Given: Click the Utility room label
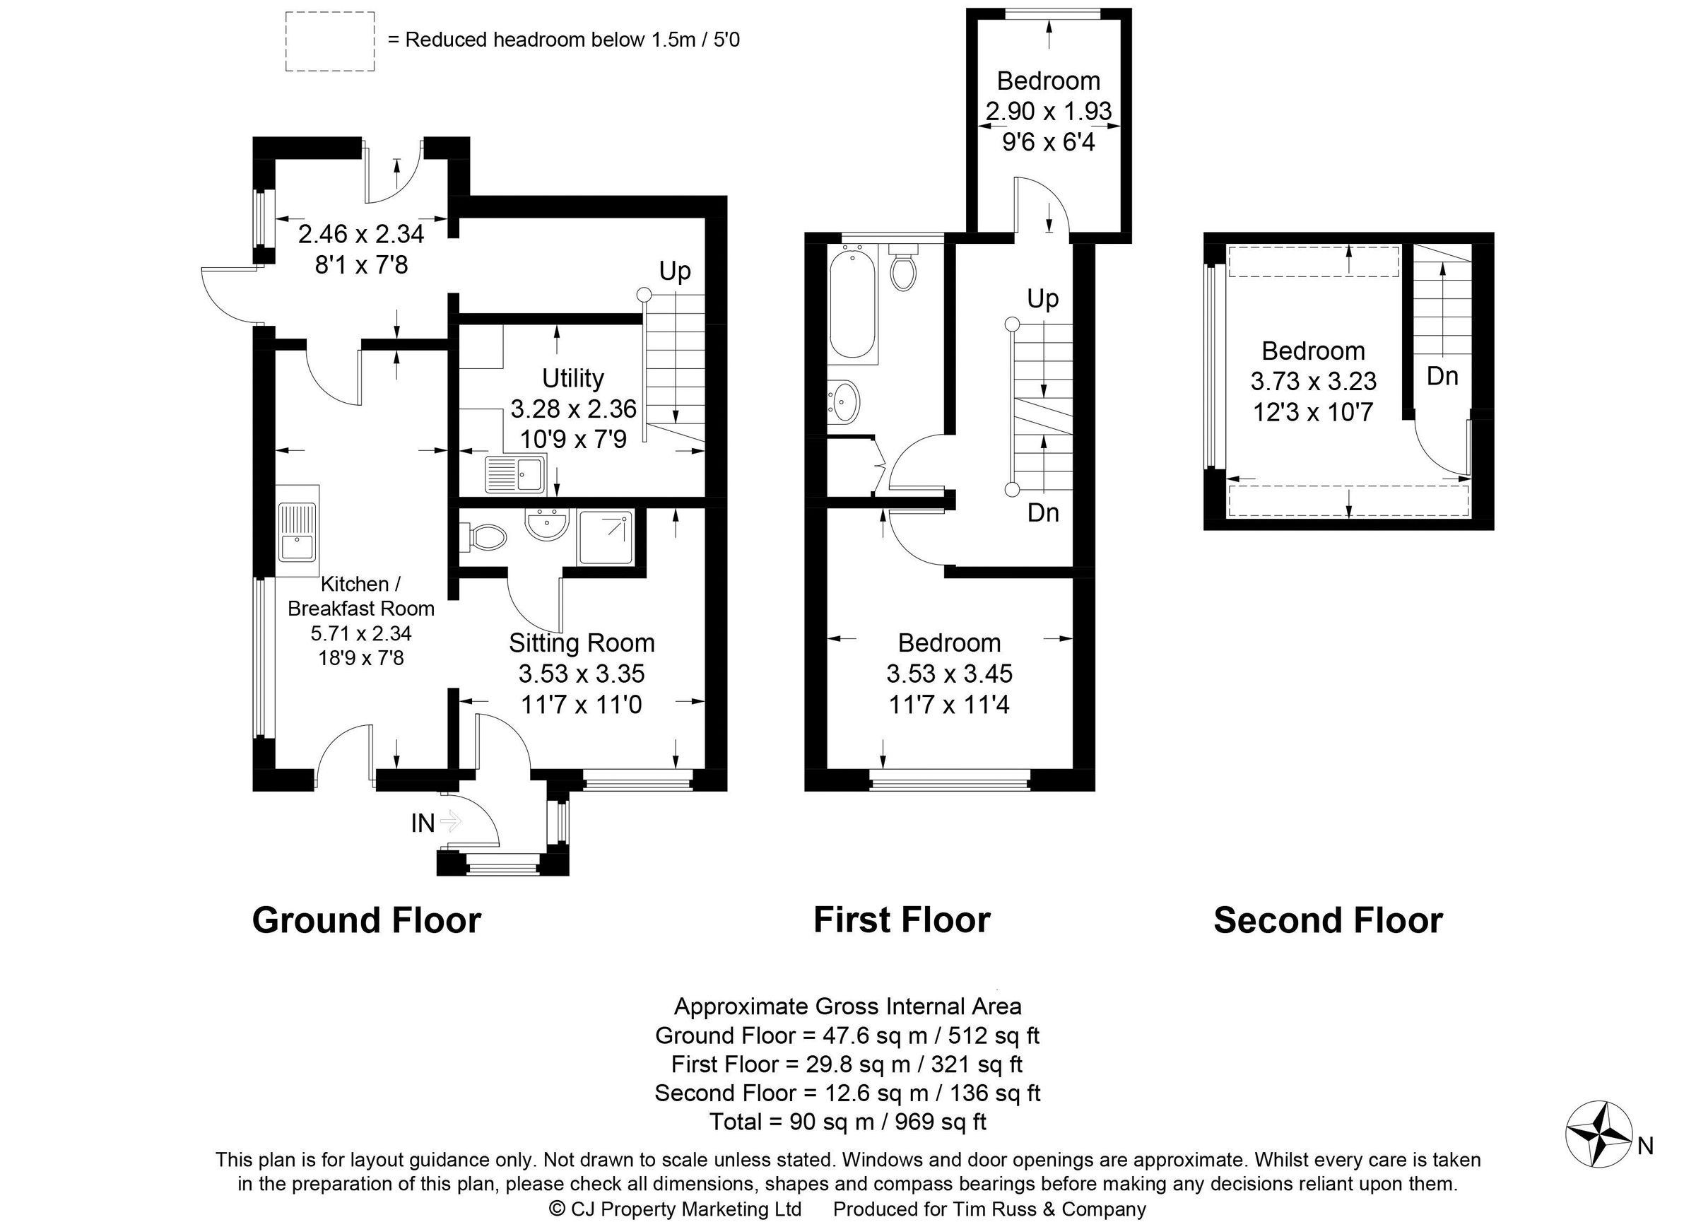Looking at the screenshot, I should (573, 379).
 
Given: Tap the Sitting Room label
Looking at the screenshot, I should (581, 643).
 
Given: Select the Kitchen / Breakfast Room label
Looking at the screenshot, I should (361, 596).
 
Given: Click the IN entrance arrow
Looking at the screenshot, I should (450, 823).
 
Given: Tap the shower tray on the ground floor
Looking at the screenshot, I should (606, 537).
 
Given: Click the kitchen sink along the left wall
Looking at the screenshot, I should (298, 532).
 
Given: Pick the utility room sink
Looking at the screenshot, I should (515, 475).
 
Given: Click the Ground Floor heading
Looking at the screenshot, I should (367, 920).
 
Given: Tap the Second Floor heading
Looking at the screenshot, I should (1327, 920).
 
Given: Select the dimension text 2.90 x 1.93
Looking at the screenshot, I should (1049, 112).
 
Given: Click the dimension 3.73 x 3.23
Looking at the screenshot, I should (1313, 382).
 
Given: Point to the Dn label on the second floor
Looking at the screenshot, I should (1442, 376).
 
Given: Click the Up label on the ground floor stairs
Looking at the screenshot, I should (674, 271).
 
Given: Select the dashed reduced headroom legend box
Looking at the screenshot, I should (330, 42).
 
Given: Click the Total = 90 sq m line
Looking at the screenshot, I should (847, 1122).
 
